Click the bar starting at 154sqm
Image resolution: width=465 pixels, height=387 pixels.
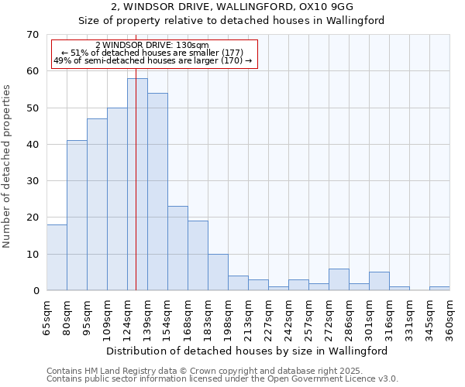pyautogui.click(x=177, y=248)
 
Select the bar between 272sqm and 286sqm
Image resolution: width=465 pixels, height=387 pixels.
pyautogui.click(x=339, y=279)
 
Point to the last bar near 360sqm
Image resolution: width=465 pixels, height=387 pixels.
pyautogui.click(x=439, y=289)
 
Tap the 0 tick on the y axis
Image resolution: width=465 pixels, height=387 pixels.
pyautogui.click(x=35, y=291)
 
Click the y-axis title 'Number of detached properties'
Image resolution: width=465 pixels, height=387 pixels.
pyautogui.click(x=7, y=166)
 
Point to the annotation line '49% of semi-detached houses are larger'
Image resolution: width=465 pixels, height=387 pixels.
pyautogui.click(x=153, y=60)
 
